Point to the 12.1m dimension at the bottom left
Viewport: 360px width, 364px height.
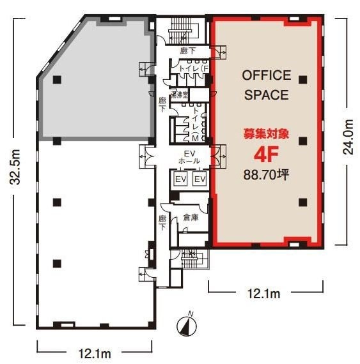click(x=95, y=353)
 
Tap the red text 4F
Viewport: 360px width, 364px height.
click(x=266, y=155)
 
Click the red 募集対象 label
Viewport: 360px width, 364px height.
click(x=266, y=135)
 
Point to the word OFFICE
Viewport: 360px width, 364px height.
click(x=266, y=75)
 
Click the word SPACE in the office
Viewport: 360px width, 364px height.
click(x=266, y=96)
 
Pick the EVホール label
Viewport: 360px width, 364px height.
click(x=189, y=157)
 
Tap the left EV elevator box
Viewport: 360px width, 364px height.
click(x=180, y=179)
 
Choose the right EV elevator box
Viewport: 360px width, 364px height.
click(x=199, y=179)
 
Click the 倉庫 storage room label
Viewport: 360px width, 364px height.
click(x=190, y=217)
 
